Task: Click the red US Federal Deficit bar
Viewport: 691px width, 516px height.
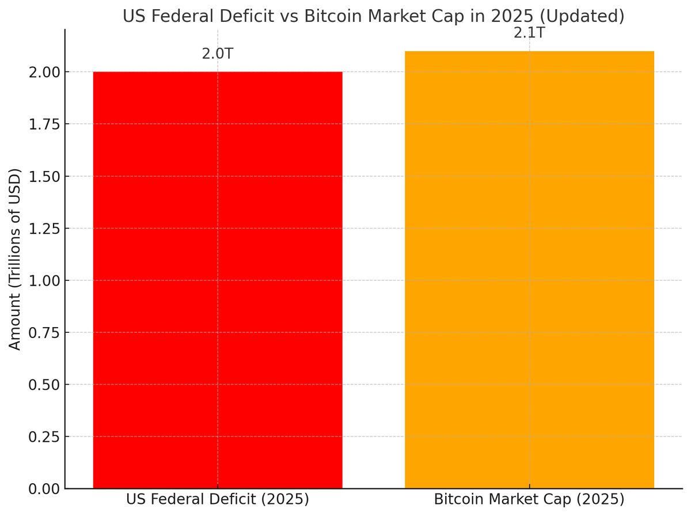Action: pos(218,280)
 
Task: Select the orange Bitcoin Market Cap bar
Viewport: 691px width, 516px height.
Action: pos(529,270)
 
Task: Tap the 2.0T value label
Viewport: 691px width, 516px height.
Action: pos(217,54)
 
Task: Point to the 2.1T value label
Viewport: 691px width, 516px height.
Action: pos(529,33)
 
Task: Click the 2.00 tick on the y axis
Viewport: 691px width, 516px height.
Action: pos(44,72)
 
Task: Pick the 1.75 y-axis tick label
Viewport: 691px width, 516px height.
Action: pos(44,124)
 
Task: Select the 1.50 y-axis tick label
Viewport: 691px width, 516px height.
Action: pos(44,176)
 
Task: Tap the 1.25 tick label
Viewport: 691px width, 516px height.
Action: pos(44,228)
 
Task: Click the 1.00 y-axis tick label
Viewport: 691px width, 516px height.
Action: pos(44,280)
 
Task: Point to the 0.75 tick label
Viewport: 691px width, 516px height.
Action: pos(44,332)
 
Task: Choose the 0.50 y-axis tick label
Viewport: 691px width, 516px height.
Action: pos(44,384)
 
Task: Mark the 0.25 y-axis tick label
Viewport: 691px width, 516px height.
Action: pos(44,437)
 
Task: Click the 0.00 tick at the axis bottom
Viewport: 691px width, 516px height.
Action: pos(44,488)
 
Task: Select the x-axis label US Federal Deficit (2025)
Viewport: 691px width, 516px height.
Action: pos(218,499)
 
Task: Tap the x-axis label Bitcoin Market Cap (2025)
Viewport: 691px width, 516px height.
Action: pos(529,499)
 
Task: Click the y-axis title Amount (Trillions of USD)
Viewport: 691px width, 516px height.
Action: pos(16,259)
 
